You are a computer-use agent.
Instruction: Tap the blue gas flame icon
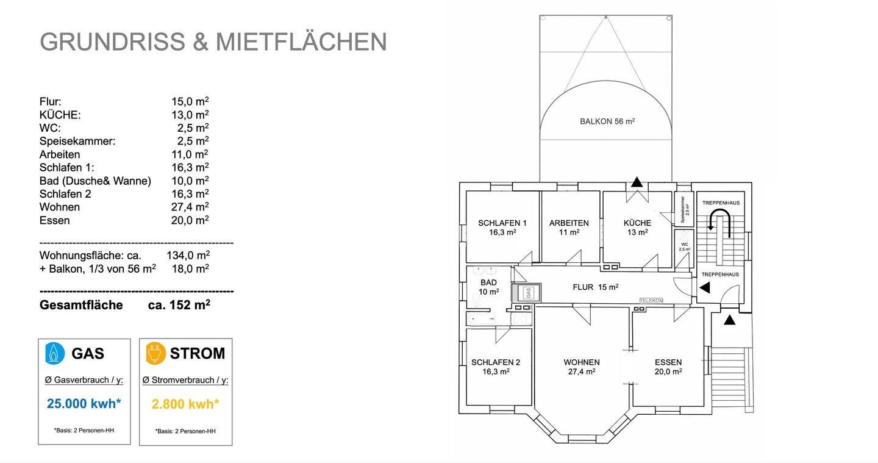click(x=55, y=353)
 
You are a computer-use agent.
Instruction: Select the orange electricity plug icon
click(x=156, y=353)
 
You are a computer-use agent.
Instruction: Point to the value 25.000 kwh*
click(x=84, y=404)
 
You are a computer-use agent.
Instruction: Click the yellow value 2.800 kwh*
click(x=185, y=404)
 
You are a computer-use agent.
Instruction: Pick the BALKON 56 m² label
click(x=607, y=121)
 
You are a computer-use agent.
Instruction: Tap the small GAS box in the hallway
click(x=529, y=292)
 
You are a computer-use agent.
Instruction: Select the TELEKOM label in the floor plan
click(x=651, y=301)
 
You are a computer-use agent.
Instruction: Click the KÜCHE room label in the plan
click(x=637, y=223)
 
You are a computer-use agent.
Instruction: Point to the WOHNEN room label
click(x=581, y=362)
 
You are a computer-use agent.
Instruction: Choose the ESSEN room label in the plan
click(x=668, y=362)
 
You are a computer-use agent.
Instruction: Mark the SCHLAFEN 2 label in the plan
click(x=496, y=362)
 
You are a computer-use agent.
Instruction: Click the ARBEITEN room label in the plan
click(x=569, y=223)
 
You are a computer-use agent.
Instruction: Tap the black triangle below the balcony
click(x=637, y=181)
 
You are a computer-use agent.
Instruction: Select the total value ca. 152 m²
click(x=179, y=305)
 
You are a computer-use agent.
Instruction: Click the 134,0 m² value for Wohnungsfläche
click(x=188, y=255)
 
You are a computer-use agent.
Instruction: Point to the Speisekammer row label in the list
click(x=77, y=141)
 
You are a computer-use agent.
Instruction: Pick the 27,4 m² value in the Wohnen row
click(x=190, y=207)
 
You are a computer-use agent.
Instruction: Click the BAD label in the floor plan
click(x=488, y=282)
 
